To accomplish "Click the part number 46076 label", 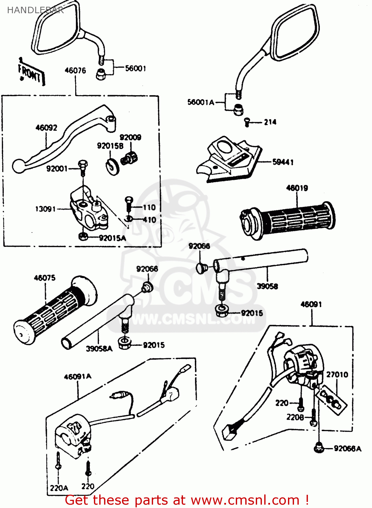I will coord(75,70).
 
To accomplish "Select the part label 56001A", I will coord(201,102).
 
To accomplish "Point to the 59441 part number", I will coord(283,162).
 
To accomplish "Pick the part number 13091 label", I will coord(45,209).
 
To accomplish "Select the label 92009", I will coord(130,137).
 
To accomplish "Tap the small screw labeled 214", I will coord(247,122).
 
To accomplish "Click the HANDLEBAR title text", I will coord(35,10).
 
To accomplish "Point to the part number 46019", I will coord(297,188).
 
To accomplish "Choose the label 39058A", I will coord(99,348).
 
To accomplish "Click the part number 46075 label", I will coord(45,278).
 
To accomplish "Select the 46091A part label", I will coord(78,377).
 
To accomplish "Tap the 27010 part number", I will coord(337,375).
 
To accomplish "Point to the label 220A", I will coord(59,488).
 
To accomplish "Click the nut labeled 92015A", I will coord(83,237).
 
